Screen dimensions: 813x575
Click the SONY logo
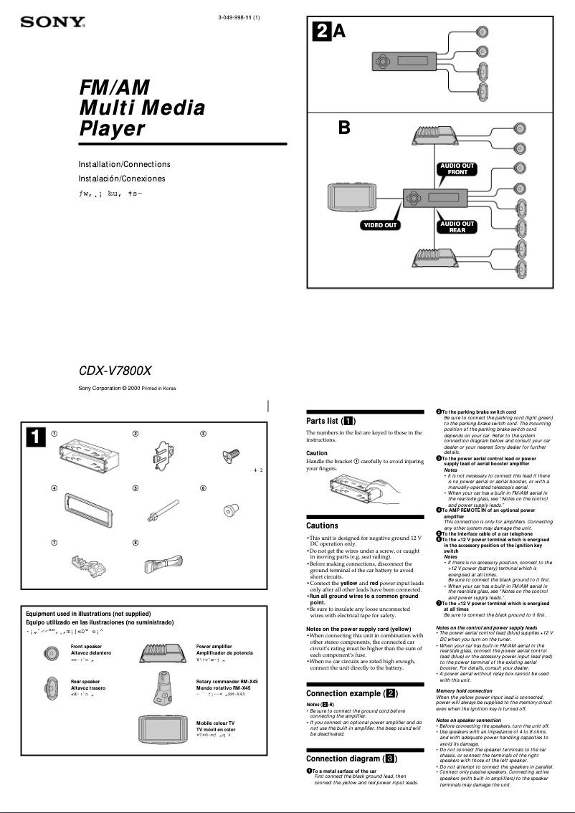pos(52,23)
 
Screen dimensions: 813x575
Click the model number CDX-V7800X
pos(115,371)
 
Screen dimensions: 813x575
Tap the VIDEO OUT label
pos(380,225)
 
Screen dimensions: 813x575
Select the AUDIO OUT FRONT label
pos(457,169)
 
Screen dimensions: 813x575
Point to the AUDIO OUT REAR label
pos(457,227)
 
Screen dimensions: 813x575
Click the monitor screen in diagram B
pos(351,195)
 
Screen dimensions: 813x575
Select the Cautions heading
pos(322,526)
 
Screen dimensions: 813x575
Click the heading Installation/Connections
pos(124,164)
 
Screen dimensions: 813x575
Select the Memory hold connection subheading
pos(464,690)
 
